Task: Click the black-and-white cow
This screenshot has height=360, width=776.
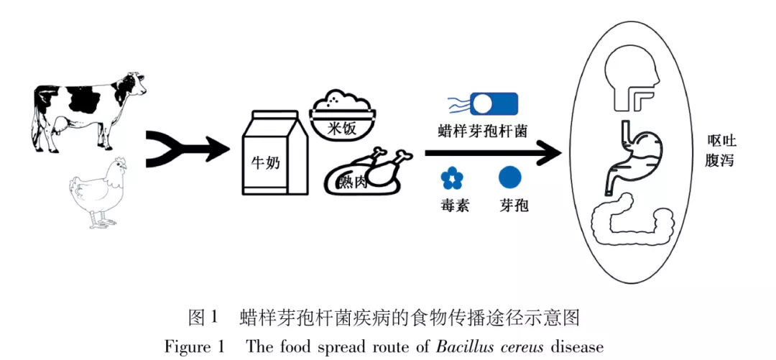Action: pyautogui.click(x=86, y=111)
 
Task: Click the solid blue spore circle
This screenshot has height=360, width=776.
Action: pyautogui.click(x=510, y=177)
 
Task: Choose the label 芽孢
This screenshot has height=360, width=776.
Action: pyautogui.click(x=513, y=205)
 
